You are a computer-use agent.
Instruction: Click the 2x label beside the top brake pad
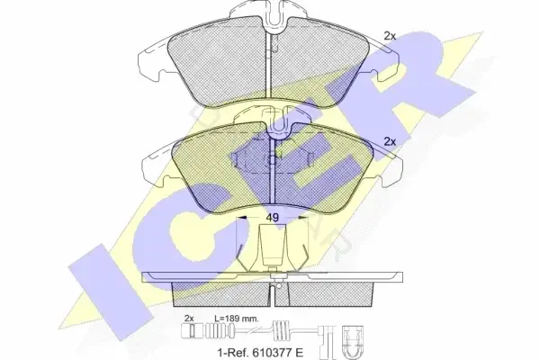(x=390, y=36)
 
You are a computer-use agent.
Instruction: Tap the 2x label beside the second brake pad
(x=390, y=141)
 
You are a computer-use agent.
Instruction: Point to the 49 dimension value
(x=272, y=218)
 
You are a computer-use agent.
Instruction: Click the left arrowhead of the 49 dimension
(x=242, y=218)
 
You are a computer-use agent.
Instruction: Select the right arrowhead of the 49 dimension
(x=302, y=218)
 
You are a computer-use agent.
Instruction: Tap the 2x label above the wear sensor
(x=189, y=319)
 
